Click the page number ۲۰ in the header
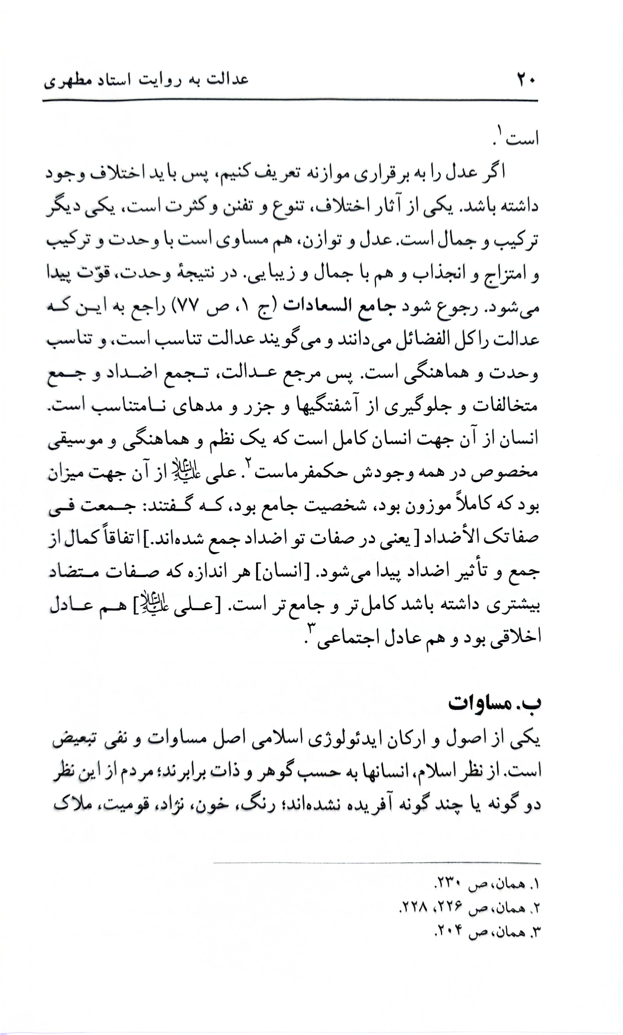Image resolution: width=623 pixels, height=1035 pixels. pyautogui.click(x=526, y=79)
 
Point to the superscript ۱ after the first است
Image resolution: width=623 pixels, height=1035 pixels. pyautogui.click(x=500, y=131)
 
